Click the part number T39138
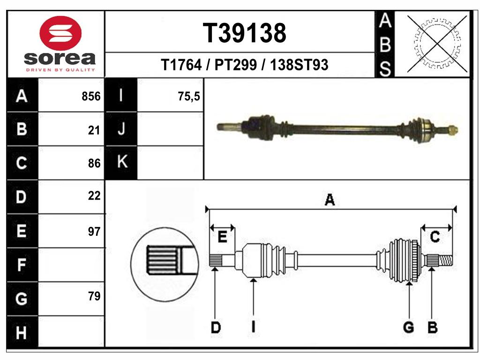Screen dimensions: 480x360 (244, 33)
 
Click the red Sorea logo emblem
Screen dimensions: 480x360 (60, 33)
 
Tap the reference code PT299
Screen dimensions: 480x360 (235, 65)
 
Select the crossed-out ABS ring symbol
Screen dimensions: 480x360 (437, 44)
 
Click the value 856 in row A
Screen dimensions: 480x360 (91, 96)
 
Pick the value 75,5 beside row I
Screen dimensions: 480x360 (188, 96)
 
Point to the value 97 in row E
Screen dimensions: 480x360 (94, 232)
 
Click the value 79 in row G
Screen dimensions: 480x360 (94, 296)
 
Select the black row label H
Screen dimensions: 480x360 (22, 332)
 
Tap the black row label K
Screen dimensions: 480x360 (121, 161)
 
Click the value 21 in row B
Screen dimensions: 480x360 (94, 130)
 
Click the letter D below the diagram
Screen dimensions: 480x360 (216, 327)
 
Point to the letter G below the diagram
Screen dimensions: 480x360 (409, 327)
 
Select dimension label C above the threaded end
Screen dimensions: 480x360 (435, 237)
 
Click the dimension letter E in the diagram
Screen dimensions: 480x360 (222, 237)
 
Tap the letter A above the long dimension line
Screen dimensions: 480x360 (330, 200)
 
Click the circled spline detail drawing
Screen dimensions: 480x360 (165, 264)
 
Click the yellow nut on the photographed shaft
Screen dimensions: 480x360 (453, 130)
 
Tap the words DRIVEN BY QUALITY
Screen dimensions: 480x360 (60, 70)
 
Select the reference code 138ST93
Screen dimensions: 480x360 (299, 65)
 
